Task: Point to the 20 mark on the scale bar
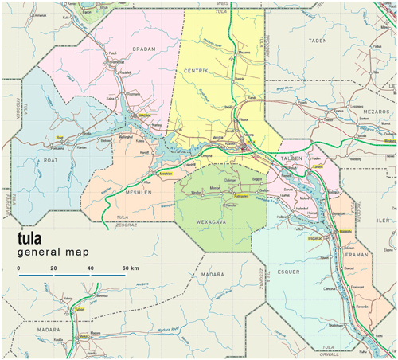(53, 268)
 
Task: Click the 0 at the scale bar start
(19, 268)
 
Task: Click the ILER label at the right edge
(387, 220)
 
